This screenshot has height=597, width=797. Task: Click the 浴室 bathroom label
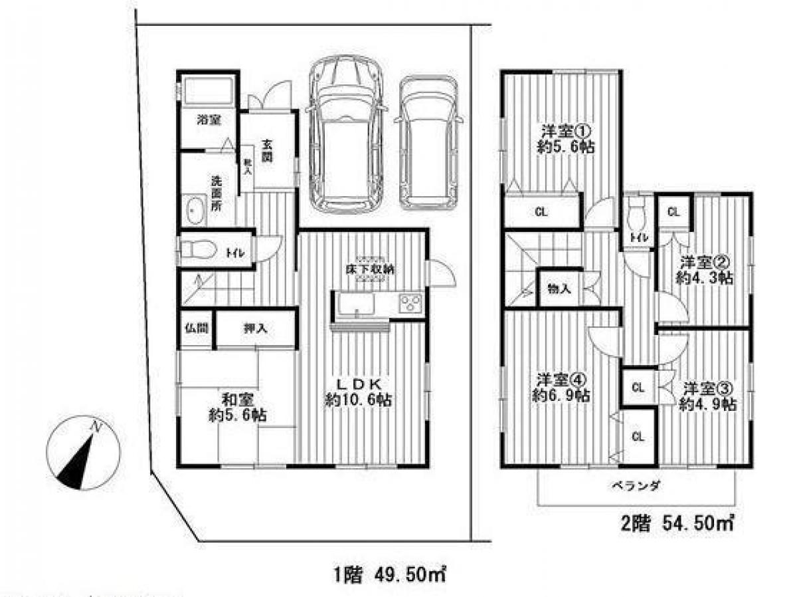(x=209, y=120)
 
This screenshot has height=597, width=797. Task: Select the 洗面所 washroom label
(x=217, y=192)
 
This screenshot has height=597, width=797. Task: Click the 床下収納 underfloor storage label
(x=369, y=269)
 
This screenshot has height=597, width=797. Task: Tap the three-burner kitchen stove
(x=410, y=304)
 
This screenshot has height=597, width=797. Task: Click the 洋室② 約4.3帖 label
(x=705, y=271)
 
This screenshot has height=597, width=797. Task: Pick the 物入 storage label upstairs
(x=560, y=289)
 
